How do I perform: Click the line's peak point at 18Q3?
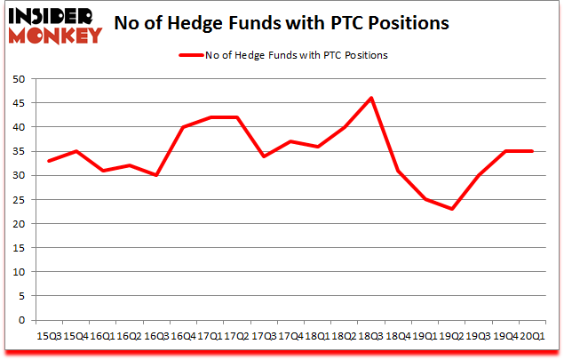(370, 98)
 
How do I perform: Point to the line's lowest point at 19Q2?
(451, 209)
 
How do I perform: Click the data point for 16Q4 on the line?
(182, 127)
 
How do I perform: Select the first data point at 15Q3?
(48, 161)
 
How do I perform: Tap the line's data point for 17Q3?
(263, 156)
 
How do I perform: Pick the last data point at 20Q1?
(532, 151)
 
